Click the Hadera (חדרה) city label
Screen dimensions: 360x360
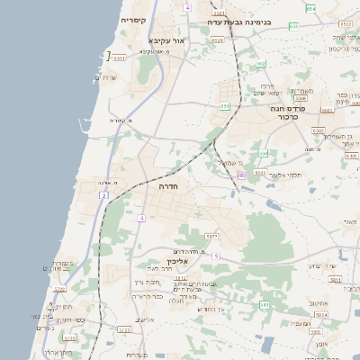[167, 187]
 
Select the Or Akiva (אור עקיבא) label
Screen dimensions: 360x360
[167, 40]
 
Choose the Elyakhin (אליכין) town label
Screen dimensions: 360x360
[176, 261]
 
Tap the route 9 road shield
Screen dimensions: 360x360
[216, 256]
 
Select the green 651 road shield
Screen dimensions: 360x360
[225, 106]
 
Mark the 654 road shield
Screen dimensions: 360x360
[310, 8]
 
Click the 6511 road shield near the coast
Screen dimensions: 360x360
[120, 56]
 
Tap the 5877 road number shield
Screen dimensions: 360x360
[212, 236]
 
